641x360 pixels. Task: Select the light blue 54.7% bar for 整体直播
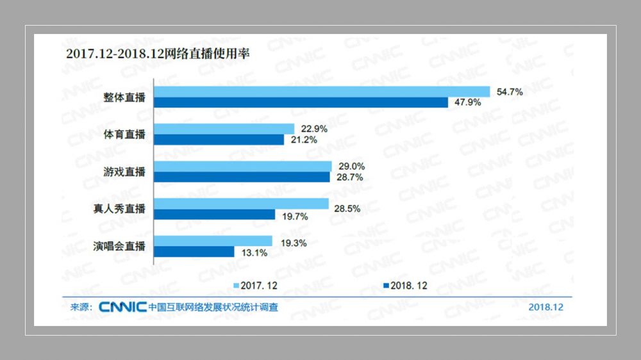coord(321,92)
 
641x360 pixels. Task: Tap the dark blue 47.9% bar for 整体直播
coord(301,102)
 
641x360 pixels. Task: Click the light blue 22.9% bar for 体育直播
coord(224,129)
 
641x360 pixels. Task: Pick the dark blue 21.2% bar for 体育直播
coord(218,140)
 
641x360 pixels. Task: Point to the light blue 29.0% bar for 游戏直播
coord(242,166)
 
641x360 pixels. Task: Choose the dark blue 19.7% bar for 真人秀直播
coord(214,215)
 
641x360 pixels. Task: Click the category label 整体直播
coord(125,97)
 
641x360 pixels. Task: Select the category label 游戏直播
coord(125,172)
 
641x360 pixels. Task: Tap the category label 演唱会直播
coord(120,247)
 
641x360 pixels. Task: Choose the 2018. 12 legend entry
coord(405,285)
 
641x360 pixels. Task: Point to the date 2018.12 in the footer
coord(545,307)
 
